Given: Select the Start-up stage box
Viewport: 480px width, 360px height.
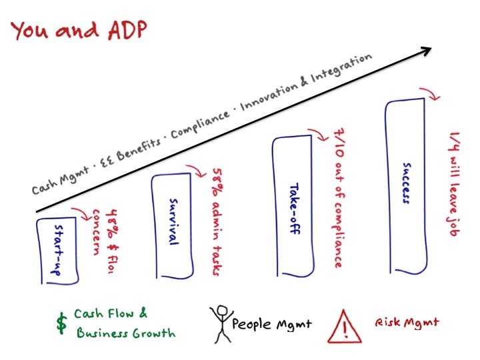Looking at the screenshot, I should (57, 246).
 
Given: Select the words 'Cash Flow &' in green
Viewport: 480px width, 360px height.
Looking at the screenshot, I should (111, 313).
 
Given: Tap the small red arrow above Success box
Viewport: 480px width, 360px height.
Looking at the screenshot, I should (433, 95).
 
